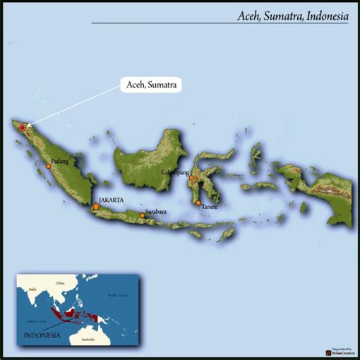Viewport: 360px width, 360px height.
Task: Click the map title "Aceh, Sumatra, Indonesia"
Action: [x=292, y=15]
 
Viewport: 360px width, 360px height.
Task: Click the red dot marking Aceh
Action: [x=23, y=128]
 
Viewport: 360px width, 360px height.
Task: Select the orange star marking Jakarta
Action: [x=96, y=207]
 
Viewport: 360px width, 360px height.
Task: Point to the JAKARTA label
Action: [x=112, y=200]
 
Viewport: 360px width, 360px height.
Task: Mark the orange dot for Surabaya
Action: [x=142, y=215]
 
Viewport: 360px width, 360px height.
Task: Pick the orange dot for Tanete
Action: [x=198, y=203]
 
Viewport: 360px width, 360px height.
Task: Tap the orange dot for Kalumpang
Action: [x=191, y=178]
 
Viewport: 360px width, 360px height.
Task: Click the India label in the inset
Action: [x=32, y=289]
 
